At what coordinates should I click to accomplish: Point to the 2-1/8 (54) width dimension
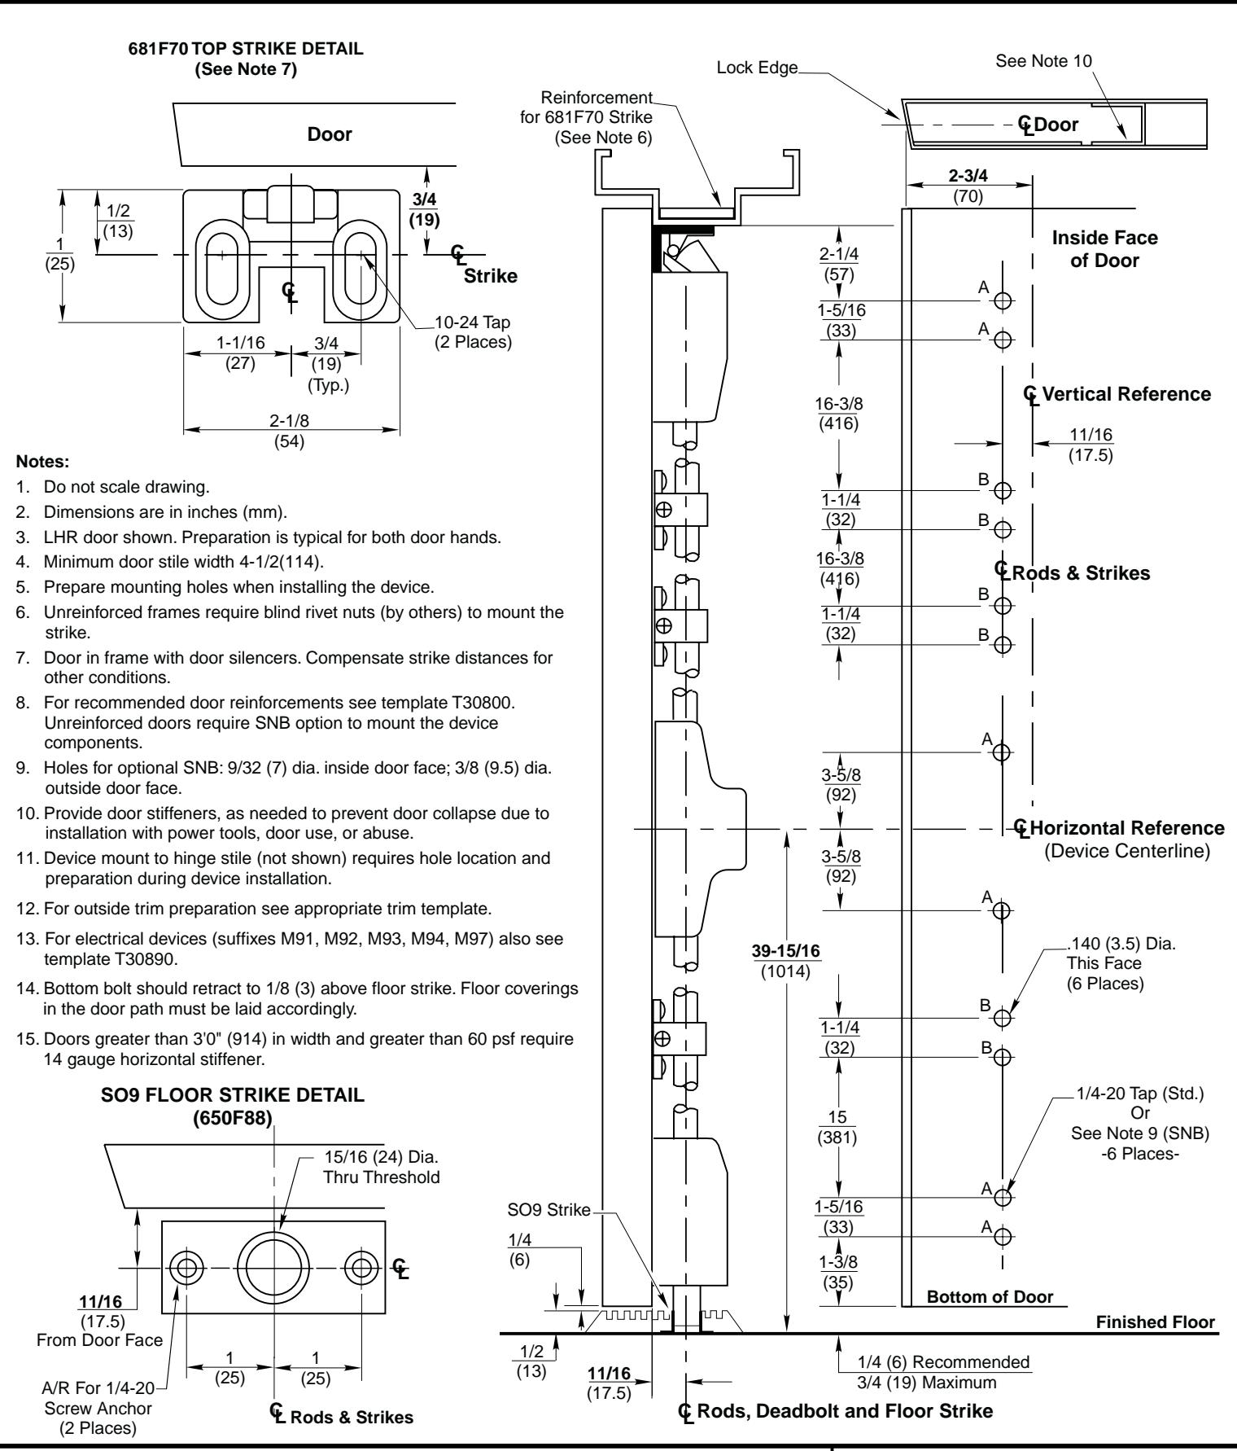click(x=291, y=432)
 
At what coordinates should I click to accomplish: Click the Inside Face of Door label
click(x=1105, y=249)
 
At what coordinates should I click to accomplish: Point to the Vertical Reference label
click(x=1119, y=395)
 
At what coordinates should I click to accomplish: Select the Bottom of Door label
click(x=990, y=1297)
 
